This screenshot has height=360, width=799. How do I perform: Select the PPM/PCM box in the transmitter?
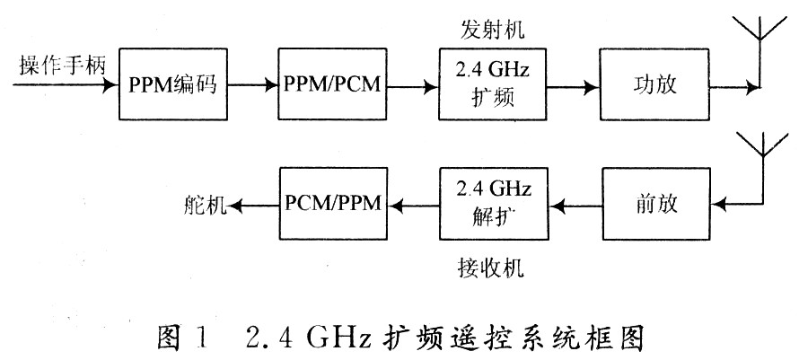pyautogui.click(x=331, y=88)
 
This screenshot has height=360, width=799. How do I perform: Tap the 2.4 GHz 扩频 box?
pyautogui.click(x=491, y=87)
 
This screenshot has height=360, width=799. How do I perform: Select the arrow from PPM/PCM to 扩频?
pyautogui.click(x=411, y=88)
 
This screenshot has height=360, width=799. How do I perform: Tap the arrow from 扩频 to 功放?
pyautogui.click(x=571, y=88)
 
